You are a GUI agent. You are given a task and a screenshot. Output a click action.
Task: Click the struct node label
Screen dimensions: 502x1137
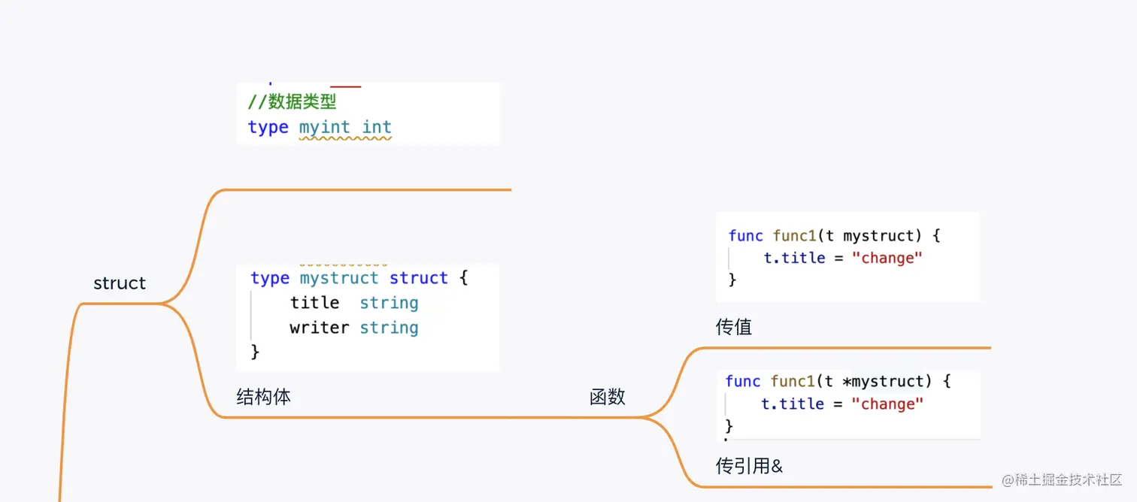pos(120,283)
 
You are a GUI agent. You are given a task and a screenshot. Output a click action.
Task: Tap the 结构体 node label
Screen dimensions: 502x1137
pos(263,397)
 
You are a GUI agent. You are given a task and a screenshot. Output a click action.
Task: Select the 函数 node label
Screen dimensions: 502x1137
pos(608,397)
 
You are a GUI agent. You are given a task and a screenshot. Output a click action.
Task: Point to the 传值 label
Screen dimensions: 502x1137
pos(734,327)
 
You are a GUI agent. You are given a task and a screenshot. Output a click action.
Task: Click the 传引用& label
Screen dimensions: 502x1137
pos(749,466)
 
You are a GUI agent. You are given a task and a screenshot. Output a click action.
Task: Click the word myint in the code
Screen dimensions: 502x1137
pos(325,128)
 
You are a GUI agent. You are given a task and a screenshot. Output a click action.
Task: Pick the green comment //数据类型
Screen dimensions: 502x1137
pos(292,102)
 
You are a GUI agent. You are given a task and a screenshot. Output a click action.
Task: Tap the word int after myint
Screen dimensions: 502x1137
pos(377,128)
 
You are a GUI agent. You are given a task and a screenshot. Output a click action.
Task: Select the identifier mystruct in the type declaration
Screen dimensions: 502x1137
pos(339,278)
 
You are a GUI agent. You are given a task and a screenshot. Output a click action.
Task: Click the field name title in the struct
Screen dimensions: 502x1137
pos(314,303)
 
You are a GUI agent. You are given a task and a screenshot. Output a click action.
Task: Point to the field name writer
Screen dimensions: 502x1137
pos(320,328)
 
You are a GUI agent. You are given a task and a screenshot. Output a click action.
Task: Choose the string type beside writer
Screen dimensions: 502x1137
pos(389,328)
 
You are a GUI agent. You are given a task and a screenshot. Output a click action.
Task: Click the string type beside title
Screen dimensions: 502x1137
pos(389,303)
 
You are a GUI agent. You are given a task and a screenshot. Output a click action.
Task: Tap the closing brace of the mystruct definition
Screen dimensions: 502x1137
pos(255,351)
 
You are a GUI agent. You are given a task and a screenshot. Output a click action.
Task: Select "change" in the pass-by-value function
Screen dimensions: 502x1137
pos(887,258)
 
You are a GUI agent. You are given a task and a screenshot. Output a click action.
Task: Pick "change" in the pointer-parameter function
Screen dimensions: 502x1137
pos(887,404)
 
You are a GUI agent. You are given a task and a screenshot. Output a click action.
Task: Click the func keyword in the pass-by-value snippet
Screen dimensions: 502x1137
pos(746,235)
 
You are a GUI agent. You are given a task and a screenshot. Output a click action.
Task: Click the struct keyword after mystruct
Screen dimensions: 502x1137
pos(419,278)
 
